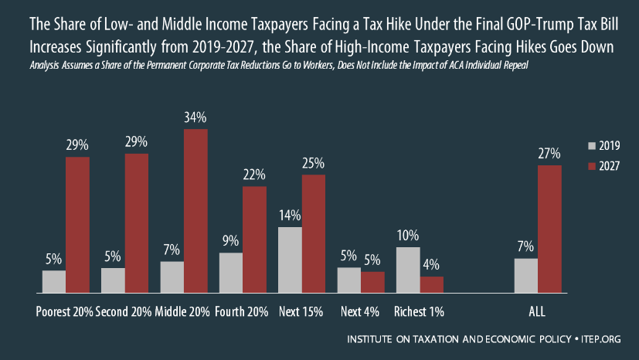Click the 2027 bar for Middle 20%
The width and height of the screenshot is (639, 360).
[x=195, y=211]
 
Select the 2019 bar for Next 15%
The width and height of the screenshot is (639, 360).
[x=290, y=260]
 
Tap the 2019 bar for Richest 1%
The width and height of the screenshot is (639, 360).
[x=408, y=270]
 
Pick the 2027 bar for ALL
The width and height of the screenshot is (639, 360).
[x=549, y=229]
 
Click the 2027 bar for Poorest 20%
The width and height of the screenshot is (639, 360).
[x=77, y=225]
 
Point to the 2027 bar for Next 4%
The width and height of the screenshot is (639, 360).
[x=372, y=283]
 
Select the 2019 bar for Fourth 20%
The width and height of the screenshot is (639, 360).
[x=231, y=273]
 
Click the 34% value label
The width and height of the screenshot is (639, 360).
[x=195, y=118]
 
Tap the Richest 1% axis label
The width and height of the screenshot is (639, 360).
[x=420, y=312]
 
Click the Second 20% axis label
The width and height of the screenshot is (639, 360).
[x=124, y=312]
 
